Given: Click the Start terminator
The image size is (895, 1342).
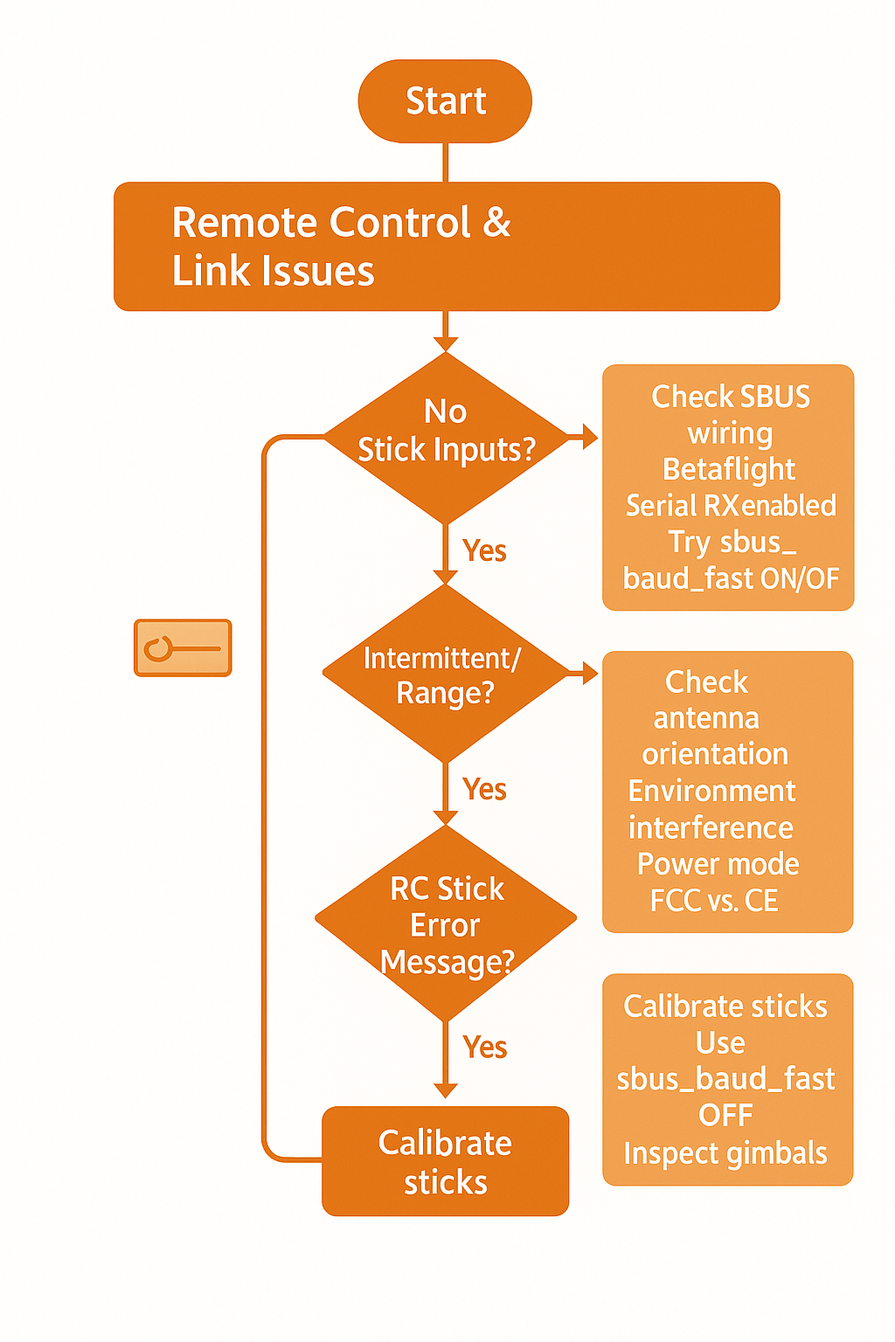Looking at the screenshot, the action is pos(445,100).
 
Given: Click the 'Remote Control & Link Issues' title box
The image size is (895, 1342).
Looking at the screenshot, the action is pos(447,246).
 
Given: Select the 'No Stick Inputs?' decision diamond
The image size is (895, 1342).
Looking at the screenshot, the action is pos(446,438).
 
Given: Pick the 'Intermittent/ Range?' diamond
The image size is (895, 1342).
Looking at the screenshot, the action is pos(446,674).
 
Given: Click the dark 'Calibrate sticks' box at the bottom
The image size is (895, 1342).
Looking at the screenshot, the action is pos(446,1161).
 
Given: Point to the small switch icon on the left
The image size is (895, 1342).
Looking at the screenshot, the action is pos(183,647).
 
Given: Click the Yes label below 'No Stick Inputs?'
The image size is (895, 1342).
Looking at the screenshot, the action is pos(484,550).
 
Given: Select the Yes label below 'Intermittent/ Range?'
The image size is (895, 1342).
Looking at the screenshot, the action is pos(484,788).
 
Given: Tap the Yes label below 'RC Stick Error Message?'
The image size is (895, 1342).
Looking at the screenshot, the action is pos(485,1047).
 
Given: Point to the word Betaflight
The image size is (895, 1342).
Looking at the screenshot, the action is pos(729,469).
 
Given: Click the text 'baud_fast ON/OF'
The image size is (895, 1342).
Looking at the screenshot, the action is pos(731,578).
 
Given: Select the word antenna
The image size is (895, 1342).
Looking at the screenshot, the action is pos(706,717).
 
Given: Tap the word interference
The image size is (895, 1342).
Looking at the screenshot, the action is pos(711,828).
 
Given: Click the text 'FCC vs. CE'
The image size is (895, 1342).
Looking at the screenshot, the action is pos(714,901).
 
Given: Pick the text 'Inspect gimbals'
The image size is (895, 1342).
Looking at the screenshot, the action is pos(725,1153).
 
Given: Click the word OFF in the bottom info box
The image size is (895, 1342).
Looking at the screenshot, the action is pos(725,1115).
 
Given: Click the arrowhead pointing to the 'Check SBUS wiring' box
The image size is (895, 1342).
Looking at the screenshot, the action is pos(590,438).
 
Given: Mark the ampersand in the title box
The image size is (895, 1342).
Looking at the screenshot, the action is pos(496,222).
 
